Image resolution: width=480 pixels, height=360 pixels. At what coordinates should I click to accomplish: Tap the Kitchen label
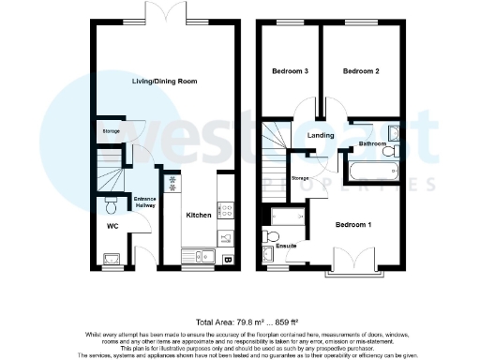pyautogui.click(x=198, y=216)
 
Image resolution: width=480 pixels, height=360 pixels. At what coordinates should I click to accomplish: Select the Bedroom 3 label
pyautogui.click(x=291, y=71)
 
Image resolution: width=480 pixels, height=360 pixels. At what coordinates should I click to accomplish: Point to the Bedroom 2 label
pyautogui.click(x=360, y=71)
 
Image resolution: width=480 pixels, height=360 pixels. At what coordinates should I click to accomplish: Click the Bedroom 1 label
pyautogui.click(x=353, y=225)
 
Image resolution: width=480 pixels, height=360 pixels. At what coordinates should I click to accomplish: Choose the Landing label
pyautogui.click(x=321, y=135)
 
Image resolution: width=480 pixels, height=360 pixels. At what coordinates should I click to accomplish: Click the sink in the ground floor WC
pyautogui.click(x=112, y=257)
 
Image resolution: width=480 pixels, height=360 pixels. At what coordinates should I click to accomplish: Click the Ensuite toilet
pyautogui.click(x=274, y=234)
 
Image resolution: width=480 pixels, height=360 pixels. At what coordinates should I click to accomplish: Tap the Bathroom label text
pyautogui.click(x=371, y=145)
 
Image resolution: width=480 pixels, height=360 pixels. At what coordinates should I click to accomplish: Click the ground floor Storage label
pyautogui.click(x=111, y=131)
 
